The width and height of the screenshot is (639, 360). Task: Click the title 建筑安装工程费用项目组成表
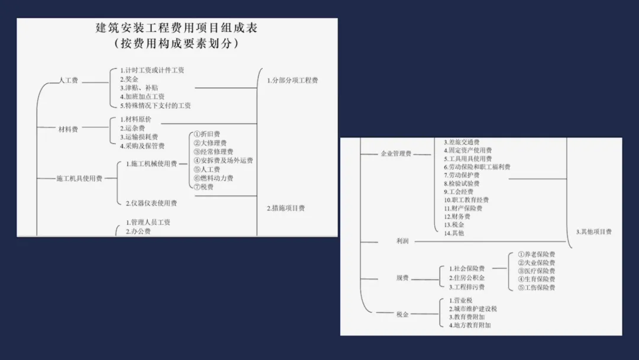176,28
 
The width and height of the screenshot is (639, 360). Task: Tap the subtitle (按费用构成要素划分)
176,43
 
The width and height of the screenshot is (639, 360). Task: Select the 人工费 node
68,81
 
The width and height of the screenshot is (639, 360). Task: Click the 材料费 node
68,129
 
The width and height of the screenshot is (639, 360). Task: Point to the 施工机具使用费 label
79,178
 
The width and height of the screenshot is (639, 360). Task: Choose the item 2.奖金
130,79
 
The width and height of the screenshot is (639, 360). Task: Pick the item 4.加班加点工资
142,97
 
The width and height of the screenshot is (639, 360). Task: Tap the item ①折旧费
206,134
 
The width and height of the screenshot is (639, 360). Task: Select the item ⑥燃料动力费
213,178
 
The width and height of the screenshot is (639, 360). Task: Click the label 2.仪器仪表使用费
151,203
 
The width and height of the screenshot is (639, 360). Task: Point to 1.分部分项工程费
292,81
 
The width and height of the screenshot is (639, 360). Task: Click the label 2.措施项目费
286,208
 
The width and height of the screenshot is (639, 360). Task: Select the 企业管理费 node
396,154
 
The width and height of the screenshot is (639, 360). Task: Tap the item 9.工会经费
459,192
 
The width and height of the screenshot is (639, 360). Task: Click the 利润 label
402,242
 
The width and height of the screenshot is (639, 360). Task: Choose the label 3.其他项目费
593,232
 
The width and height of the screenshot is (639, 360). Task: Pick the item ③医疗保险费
537,271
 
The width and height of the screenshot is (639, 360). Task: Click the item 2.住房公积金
467,278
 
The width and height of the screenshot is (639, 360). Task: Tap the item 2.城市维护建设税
473,308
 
